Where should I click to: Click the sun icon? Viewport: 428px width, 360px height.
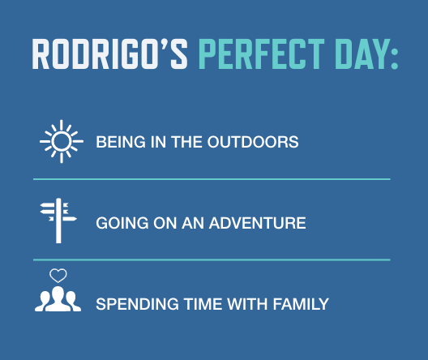(x=62, y=142)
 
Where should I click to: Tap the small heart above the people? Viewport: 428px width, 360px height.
(x=58, y=276)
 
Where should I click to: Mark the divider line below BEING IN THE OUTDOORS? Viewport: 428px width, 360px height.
(x=212, y=178)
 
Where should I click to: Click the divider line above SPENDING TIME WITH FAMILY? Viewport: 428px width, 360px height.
(x=212, y=259)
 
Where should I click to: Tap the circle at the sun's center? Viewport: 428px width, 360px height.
(x=62, y=142)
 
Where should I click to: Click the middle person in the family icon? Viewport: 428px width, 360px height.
(x=58, y=300)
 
